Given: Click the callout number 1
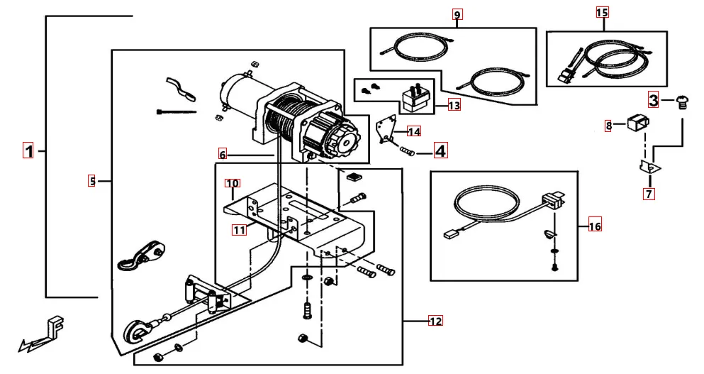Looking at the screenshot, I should click(x=28, y=150).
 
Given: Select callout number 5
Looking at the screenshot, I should click(x=92, y=181).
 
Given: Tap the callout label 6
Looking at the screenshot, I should click(x=222, y=154).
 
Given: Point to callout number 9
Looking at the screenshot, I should click(x=457, y=14).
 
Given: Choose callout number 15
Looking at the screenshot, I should click(x=602, y=13).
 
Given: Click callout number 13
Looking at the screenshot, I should click(x=454, y=106).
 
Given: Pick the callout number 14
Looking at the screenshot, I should click(x=414, y=131).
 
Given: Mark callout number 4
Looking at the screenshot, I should click(x=440, y=150).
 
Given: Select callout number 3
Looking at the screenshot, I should click(x=653, y=100).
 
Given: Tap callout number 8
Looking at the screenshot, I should click(x=608, y=126).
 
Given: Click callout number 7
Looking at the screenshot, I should click(x=649, y=192).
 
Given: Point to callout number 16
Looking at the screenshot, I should click(x=594, y=226).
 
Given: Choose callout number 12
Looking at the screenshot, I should click(x=435, y=321).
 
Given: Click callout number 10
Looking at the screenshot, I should click(x=233, y=184).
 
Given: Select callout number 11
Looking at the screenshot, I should click(x=240, y=229).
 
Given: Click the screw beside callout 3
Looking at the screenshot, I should click(x=681, y=101).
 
